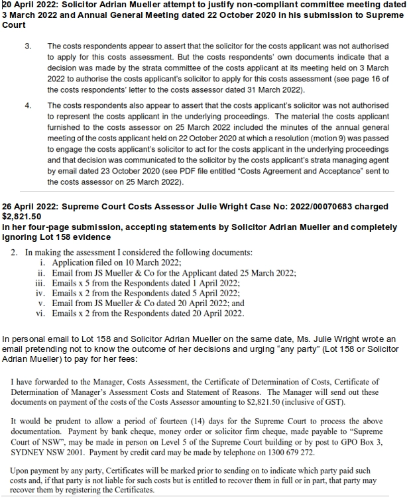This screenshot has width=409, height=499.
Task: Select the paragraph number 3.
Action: pyautogui.click(x=28, y=47)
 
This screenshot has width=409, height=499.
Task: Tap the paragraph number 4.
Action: pyautogui.click(x=28, y=105)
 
